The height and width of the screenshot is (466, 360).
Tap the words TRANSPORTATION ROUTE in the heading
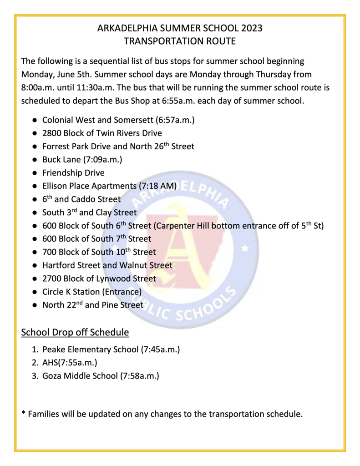pos(180,41)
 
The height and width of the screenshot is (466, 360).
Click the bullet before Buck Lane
pos(35,160)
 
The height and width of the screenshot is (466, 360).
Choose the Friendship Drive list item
pos(73,173)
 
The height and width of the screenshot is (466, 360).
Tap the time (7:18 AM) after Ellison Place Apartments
pos(157,186)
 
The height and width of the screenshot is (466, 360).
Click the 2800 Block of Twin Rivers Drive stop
pos(102,133)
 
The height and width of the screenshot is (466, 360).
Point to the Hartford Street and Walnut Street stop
pos(107,265)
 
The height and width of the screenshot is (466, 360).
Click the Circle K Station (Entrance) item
pos(92,292)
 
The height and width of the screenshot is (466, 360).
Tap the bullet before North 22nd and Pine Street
pos(35,305)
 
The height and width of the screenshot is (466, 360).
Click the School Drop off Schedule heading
pos(75,333)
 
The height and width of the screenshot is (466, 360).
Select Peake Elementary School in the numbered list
pos(90,350)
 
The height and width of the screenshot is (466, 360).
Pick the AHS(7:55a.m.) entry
pos(70,363)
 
